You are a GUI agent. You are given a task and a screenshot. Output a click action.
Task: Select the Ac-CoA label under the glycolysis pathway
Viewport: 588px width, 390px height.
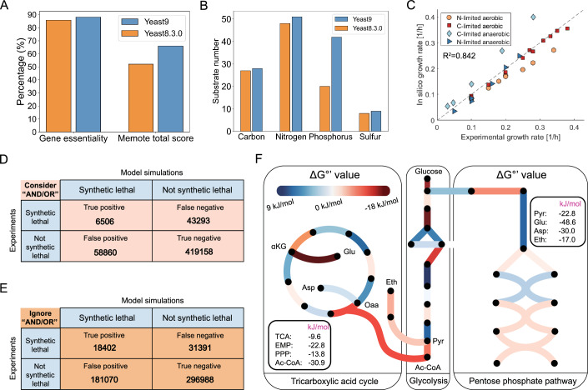coord(425,360)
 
